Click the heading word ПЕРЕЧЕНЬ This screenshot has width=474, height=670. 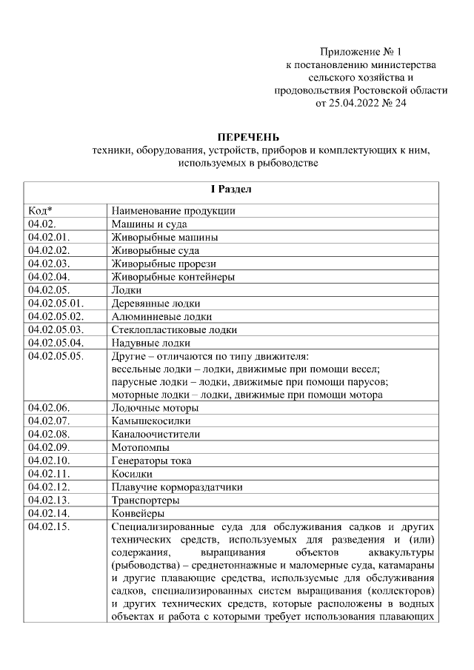pos(248,137)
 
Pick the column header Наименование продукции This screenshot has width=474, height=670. pos(173,210)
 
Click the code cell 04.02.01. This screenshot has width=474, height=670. pos(48,237)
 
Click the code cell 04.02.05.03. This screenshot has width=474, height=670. pos(56,329)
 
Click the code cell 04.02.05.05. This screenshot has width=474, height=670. pos(56,356)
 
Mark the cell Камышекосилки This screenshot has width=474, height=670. pos(147,421)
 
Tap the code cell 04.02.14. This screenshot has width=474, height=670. pos(48,513)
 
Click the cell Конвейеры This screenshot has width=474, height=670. pos(138,513)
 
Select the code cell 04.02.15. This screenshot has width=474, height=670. pos(48,526)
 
